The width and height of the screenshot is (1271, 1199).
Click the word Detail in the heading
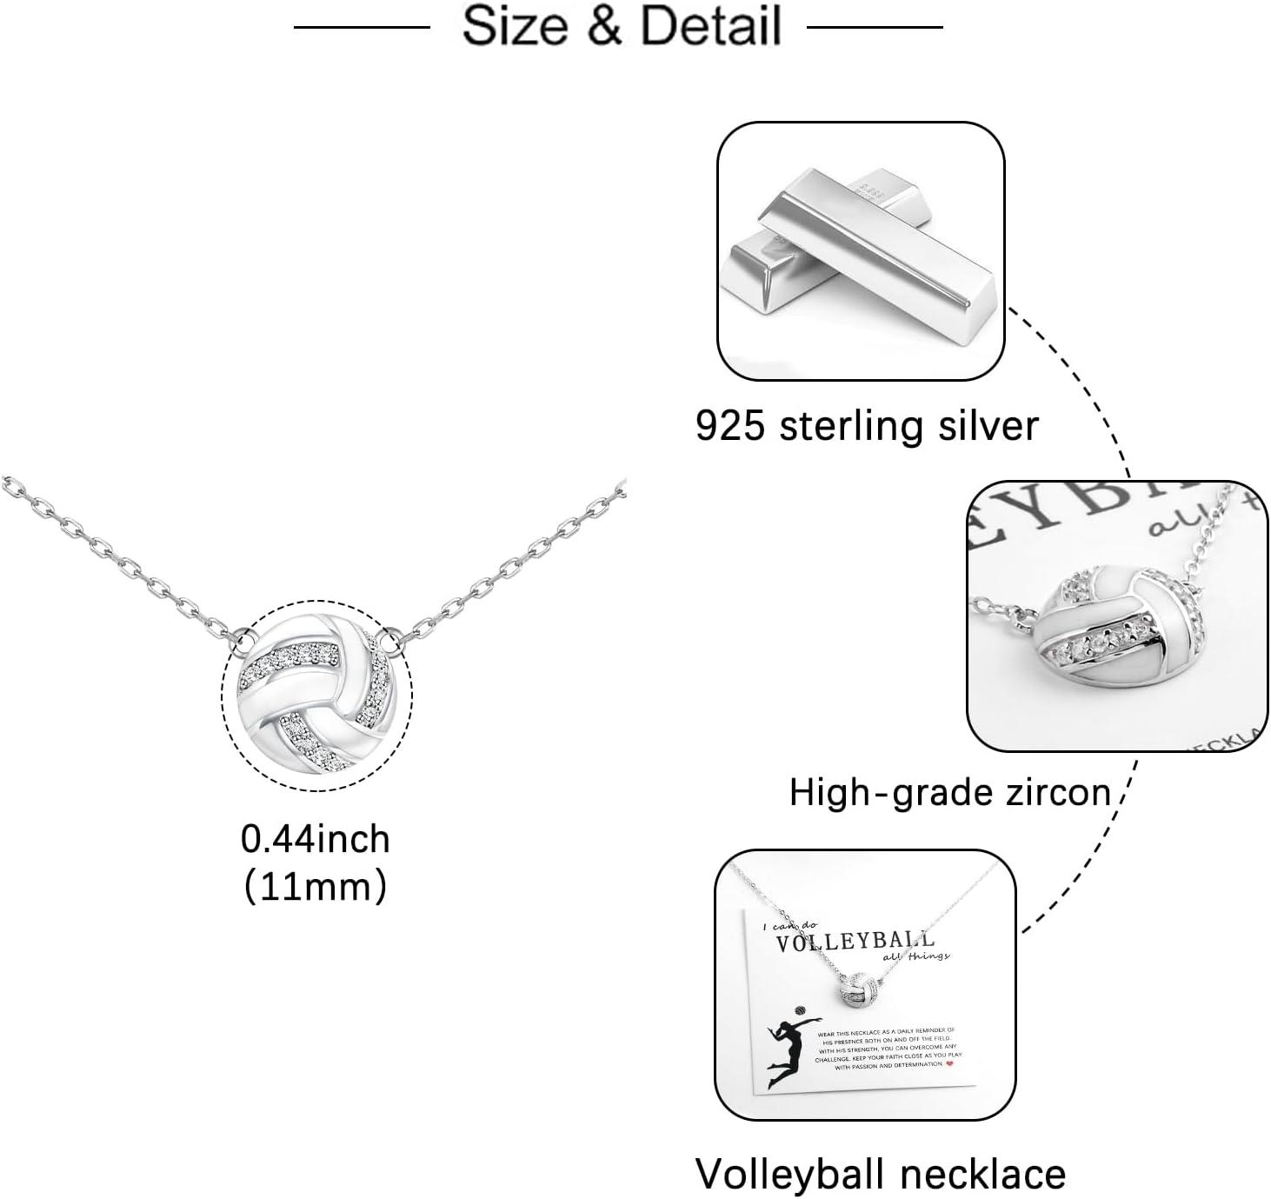(711, 25)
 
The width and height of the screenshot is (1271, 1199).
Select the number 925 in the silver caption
(730, 426)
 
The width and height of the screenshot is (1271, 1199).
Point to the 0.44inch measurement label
(316, 839)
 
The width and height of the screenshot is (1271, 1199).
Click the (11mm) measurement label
(316, 887)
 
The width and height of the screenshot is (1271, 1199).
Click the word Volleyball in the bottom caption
(790, 1174)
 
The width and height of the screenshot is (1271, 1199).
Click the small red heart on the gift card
(948, 1062)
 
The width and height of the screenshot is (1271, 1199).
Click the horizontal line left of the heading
(362, 27)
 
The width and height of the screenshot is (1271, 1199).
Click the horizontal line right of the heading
(875, 27)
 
